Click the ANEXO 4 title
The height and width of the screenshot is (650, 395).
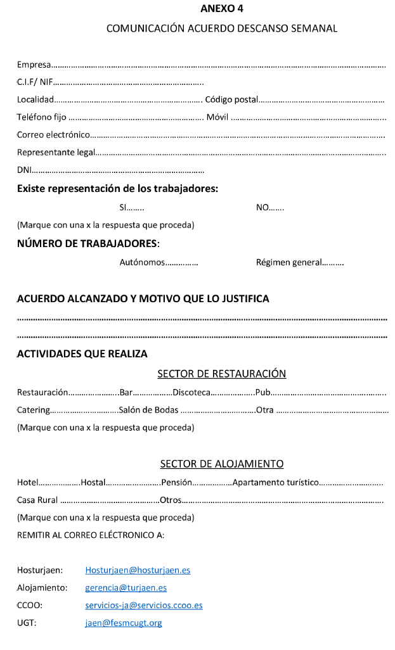[221, 9]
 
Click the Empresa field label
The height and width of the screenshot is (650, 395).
[34, 65]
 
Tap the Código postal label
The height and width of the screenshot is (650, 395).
[231, 99]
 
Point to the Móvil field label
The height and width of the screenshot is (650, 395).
[217, 117]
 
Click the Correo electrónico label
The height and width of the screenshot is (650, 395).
[53, 134]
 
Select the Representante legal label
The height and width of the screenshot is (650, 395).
[56, 152]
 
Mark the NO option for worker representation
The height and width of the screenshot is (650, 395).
[270, 207]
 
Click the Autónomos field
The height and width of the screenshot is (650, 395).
[159, 262]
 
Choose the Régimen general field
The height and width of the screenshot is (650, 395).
[299, 262]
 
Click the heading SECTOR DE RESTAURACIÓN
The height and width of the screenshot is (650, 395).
[221, 374]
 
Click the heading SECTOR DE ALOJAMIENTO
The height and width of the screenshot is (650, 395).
[221, 464]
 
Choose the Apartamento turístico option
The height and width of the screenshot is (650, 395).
[275, 482]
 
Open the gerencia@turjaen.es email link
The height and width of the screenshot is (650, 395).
[126, 588]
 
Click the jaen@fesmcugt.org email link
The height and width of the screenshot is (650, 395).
[123, 623]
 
